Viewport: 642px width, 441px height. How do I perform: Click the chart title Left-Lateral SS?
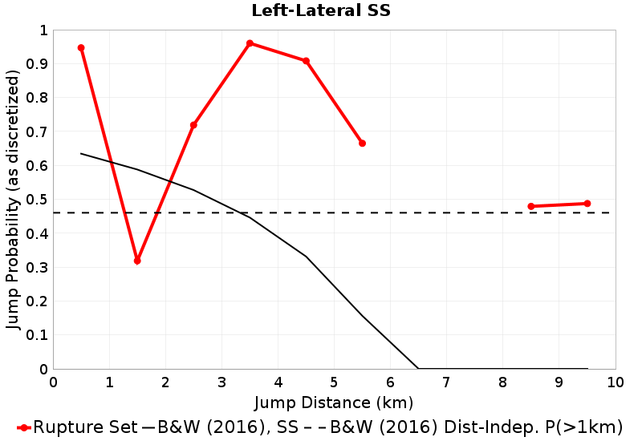point(320,10)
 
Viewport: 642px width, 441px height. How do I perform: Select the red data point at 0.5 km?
point(81,48)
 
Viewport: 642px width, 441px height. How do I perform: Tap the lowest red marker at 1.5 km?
point(137,261)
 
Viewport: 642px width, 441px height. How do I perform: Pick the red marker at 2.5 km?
point(193,125)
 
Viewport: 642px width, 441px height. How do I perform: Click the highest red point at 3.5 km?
point(250,43)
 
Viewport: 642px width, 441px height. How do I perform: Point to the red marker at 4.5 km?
point(306,61)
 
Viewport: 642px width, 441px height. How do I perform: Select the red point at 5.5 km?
point(362,144)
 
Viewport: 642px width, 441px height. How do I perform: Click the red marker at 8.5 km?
point(531,206)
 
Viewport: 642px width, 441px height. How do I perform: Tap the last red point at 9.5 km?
point(587,204)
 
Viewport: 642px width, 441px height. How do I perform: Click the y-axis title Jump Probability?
point(13,200)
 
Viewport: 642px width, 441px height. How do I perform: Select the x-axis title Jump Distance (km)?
point(334,402)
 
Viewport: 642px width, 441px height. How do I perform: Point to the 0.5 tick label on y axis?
point(37,200)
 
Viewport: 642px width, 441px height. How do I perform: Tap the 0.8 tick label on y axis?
point(37,98)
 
